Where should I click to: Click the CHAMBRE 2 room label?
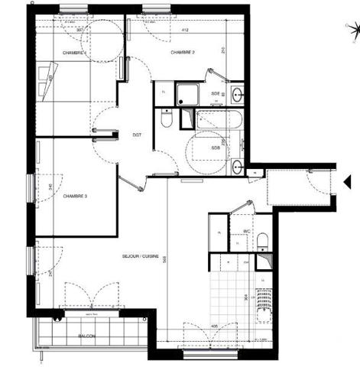click(183, 52)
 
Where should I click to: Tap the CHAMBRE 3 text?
click(75, 196)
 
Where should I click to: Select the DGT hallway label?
click(137, 135)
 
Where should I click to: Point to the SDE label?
click(216, 94)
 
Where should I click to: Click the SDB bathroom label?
click(216, 148)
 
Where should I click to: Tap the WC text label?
click(246, 231)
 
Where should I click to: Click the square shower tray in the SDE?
click(186, 94)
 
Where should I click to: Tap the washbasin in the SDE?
click(237, 95)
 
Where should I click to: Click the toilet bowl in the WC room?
click(263, 242)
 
